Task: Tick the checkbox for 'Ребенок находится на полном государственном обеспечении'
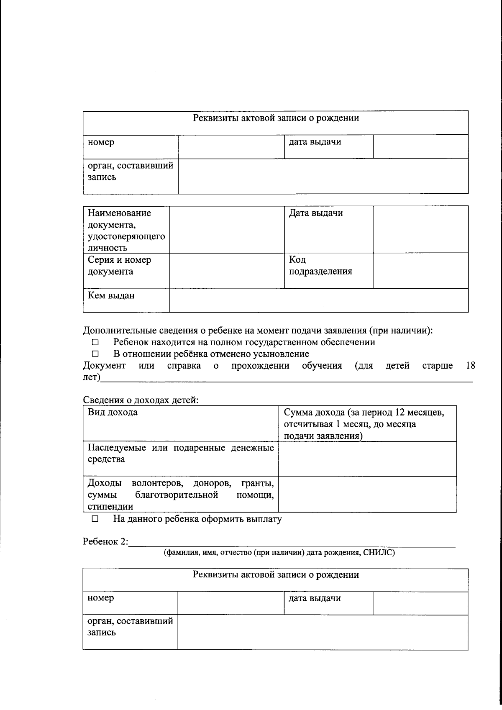[95, 343]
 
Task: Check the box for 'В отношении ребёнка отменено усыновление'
[95, 354]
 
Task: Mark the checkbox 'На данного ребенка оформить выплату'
[95, 519]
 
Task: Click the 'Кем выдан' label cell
[111, 296]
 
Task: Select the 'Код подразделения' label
[320, 266]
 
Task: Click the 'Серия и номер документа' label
[119, 266]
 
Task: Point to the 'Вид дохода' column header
[113, 412]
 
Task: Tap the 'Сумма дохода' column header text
[364, 424]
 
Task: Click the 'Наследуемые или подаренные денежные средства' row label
[180, 454]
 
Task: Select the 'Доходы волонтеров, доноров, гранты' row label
[180, 495]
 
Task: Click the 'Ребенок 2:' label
[105, 542]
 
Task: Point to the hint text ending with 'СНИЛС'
[279, 553]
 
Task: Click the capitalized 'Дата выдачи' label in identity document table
[316, 213]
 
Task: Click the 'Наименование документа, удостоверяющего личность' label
[126, 231]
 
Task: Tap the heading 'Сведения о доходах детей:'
[141, 400]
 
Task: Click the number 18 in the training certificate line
[470, 366]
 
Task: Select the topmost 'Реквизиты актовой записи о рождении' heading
[276, 118]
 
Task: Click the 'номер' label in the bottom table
[101, 598]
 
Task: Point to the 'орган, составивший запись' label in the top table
[130, 172]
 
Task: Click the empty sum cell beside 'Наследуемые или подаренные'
[367, 459]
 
